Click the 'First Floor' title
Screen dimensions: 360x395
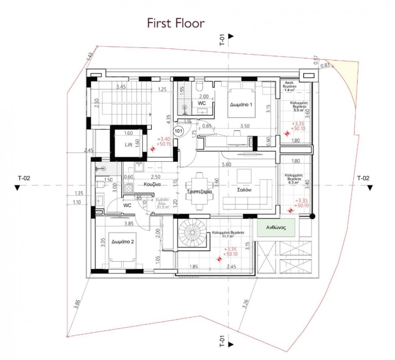click(176, 23)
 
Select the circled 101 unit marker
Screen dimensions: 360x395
click(178, 131)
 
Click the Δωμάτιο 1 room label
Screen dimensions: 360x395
click(241, 105)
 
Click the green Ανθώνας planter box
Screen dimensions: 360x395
click(276, 228)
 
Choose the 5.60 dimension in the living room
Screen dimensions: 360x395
click(226, 165)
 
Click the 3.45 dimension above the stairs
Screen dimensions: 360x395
click(121, 87)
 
